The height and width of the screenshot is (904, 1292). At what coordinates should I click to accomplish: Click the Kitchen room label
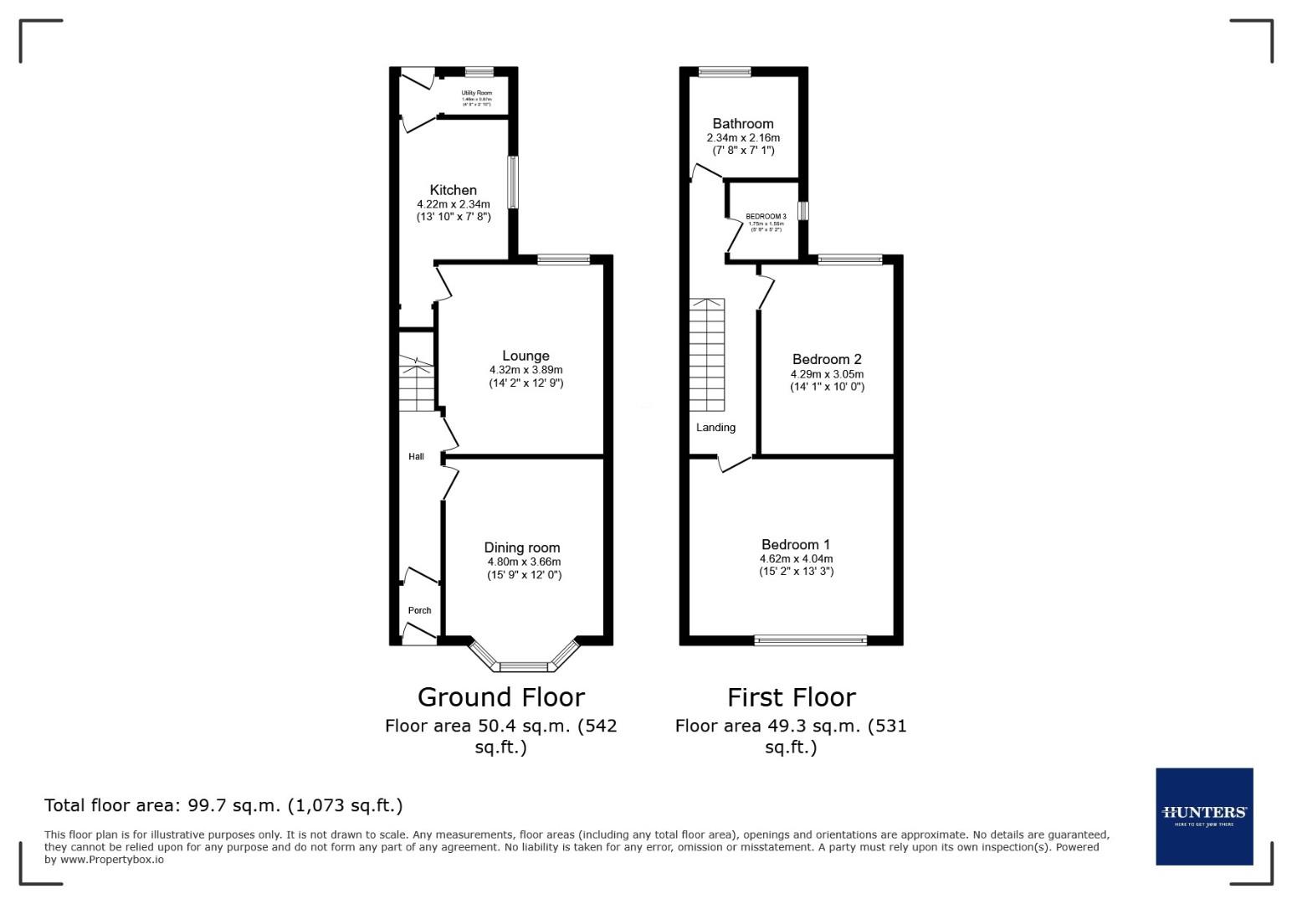(453, 190)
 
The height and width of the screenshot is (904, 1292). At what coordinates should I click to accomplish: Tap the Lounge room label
(526, 356)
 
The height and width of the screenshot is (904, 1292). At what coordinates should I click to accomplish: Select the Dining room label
(522, 547)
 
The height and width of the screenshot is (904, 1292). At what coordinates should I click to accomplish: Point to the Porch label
(419, 610)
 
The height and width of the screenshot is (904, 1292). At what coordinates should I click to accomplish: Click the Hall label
(416, 456)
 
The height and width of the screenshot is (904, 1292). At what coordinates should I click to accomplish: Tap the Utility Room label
(476, 93)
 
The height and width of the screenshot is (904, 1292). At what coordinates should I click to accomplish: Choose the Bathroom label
(743, 124)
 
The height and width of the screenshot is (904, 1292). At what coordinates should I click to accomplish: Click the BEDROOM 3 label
(766, 216)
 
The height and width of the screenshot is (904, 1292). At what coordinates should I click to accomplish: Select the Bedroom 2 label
(827, 359)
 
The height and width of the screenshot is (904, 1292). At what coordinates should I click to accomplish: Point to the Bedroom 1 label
(795, 544)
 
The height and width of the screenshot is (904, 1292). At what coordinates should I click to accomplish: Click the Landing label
(715, 428)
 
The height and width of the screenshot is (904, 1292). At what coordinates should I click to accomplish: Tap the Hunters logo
(1204, 816)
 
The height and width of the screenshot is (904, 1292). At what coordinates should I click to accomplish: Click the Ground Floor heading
(500, 697)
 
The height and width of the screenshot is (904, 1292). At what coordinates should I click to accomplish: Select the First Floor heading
(791, 697)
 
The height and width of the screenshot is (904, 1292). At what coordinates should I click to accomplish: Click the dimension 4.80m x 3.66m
(524, 562)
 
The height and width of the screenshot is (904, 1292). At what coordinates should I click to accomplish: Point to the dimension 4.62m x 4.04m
(796, 558)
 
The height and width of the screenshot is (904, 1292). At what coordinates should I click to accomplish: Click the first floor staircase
(707, 354)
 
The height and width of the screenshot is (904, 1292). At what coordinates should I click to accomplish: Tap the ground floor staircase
(416, 384)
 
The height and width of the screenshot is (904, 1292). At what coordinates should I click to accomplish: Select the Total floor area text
(223, 805)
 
